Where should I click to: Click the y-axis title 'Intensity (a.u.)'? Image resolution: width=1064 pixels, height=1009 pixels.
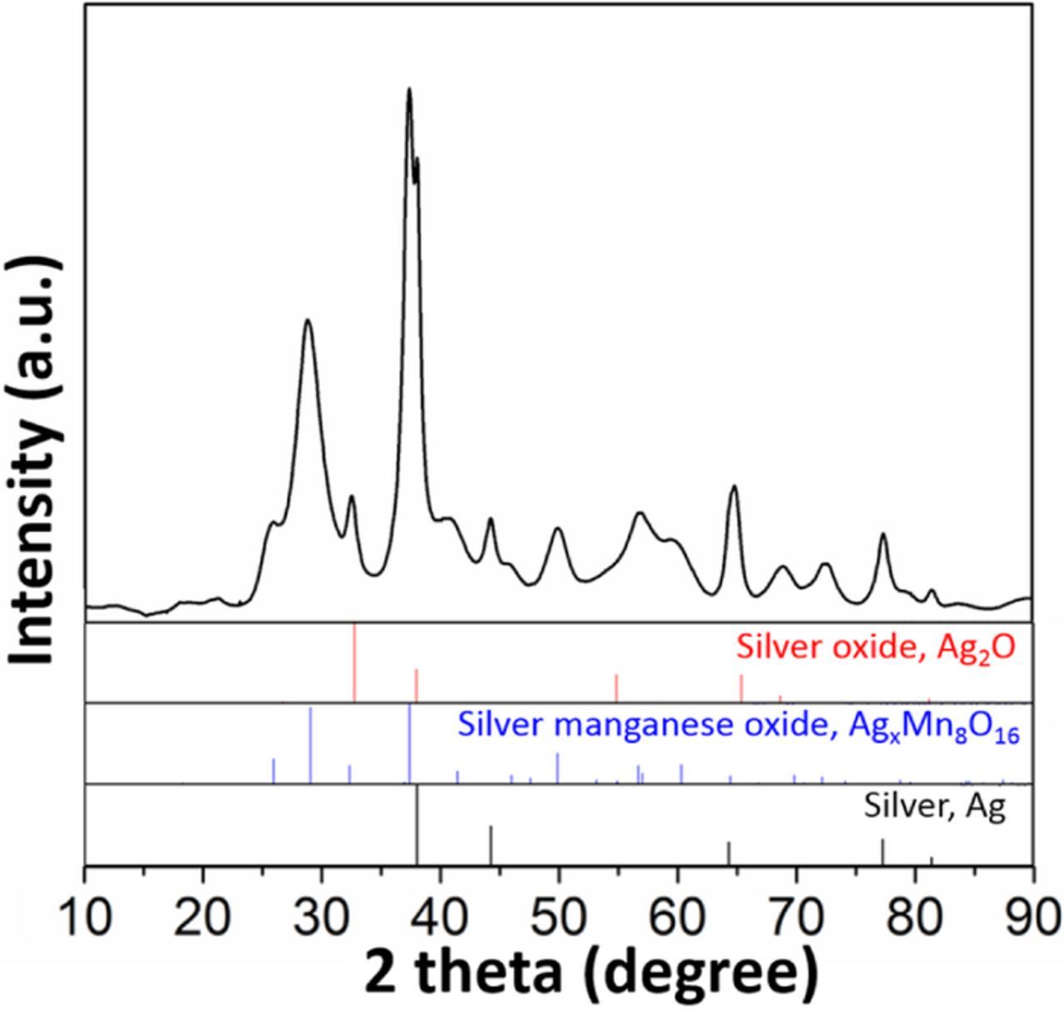(35, 461)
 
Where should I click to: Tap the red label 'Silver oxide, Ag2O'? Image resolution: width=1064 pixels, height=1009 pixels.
(875, 646)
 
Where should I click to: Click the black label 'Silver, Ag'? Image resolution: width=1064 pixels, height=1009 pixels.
(934, 805)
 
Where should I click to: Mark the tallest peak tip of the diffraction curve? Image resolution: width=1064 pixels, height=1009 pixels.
(409, 89)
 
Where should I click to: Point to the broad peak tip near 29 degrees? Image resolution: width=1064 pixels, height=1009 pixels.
(308, 320)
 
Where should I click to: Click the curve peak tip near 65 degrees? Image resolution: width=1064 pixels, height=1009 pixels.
(733, 486)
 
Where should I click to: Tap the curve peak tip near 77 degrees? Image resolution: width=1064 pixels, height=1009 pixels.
(883, 534)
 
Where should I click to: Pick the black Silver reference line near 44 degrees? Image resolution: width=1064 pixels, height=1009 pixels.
(490, 844)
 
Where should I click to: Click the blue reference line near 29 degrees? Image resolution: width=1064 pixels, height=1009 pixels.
(310, 745)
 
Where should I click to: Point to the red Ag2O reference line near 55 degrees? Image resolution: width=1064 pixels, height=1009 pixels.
(616, 688)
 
